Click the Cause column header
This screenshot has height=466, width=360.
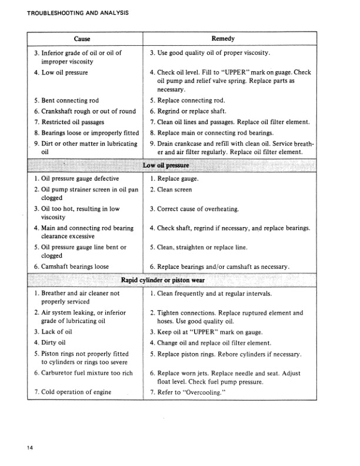click(x=82, y=39)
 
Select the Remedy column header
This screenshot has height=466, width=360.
click(x=223, y=39)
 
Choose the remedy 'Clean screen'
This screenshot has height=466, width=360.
click(x=174, y=189)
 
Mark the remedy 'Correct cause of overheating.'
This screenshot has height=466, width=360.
click(x=197, y=209)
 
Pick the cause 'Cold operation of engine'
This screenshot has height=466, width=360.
click(x=76, y=391)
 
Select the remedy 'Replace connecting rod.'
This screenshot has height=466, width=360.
click(x=191, y=101)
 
